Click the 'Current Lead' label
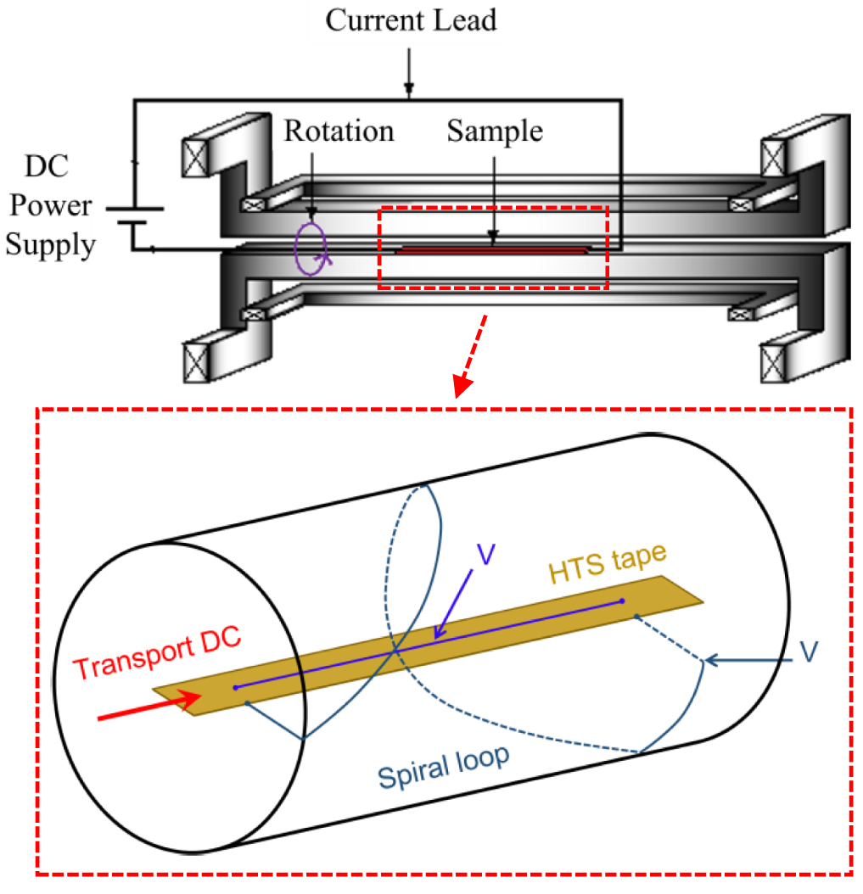pyautogui.click(x=410, y=20)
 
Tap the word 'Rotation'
pyautogui.click(x=339, y=131)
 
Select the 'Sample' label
pyautogui.click(x=494, y=131)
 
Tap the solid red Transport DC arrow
pyautogui.click(x=149, y=706)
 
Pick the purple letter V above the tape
pyautogui.click(x=485, y=554)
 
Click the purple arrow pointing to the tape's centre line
pyautogui.click(x=453, y=604)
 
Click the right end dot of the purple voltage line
pyautogui.click(x=622, y=601)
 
